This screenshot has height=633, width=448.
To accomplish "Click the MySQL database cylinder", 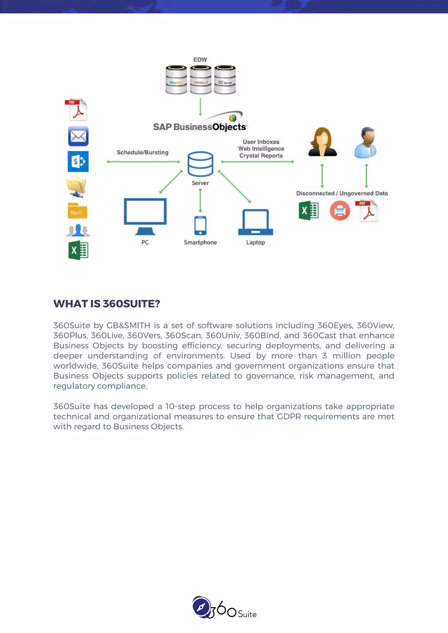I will tap(176, 80).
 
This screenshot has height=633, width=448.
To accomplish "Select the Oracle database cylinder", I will tap(201, 80).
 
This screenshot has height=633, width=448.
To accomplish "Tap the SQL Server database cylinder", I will tap(225, 80).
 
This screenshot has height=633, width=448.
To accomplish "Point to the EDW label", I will tap(200, 59).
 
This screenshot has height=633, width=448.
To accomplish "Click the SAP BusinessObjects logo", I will tap(200, 124).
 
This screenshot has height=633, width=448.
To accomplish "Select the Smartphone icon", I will tap(200, 226).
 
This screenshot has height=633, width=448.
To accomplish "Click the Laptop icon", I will tap(256, 223).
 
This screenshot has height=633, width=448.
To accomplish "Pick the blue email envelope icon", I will tap(78, 136).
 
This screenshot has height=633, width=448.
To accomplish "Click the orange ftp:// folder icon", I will tap(77, 211).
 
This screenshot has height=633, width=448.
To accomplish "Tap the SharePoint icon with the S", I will tap(78, 162).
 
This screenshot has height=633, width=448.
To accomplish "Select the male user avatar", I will tap(366, 142).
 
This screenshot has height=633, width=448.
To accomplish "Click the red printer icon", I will tap(340, 211).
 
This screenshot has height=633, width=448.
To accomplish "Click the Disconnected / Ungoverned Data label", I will tap(342, 193).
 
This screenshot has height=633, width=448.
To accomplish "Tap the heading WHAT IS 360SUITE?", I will tap(107, 304).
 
